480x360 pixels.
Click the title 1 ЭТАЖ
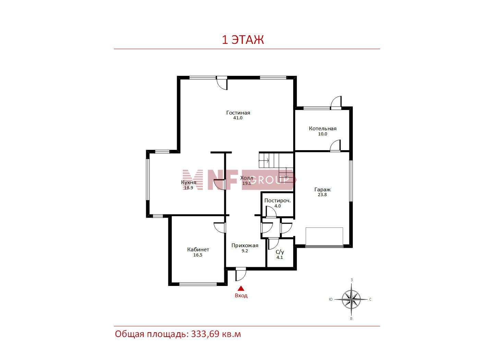click(243, 40)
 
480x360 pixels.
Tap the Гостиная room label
click(238, 112)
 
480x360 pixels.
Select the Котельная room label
click(323, 129)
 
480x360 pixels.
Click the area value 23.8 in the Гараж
click(322, 194)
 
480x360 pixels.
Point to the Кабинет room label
click(198, 249)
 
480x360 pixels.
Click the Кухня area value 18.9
click(189, 188)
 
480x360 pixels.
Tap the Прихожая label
click(245, 245)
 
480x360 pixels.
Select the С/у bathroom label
click(280, 252)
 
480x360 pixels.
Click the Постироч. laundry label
click(277, 201)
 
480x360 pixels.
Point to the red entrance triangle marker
click(241, 289)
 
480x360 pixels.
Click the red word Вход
click(241, 296)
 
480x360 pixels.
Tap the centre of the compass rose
click(351, 299)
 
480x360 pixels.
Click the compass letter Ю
click(331, 299)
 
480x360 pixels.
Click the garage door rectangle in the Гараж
click(324, 237)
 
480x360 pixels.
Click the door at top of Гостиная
click(222, 83)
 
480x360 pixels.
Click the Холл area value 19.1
click(247, 183)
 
